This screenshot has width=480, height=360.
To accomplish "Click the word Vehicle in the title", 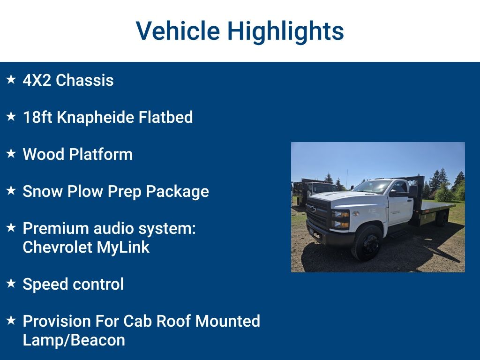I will tap(178, 31).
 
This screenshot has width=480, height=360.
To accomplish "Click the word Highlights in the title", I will tap(285, 31).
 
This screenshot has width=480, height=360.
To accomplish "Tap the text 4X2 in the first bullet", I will tap(37, 80).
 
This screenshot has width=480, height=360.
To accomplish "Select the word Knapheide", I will tap(95, 117).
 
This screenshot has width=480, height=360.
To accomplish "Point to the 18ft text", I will tap(37, 117).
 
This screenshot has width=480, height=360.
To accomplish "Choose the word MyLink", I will tap(123, 247).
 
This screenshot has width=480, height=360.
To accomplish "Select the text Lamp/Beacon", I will tap(74, 340).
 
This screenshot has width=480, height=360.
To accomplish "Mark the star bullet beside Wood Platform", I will tap(11, 153).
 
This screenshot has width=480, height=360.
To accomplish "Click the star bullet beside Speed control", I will tap(11, 283).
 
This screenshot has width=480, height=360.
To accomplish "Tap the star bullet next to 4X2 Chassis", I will tap(11, 79).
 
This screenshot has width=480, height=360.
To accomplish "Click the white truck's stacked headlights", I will tap(340, 219).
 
